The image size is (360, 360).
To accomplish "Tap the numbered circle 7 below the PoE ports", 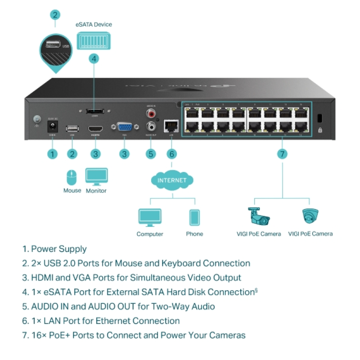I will point(282,154).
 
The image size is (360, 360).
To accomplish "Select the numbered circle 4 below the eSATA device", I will point(94,58).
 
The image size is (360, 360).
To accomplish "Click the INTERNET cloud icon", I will point(171,180).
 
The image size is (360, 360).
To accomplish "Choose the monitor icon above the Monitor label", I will point(96,176).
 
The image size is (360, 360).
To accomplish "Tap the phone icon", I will point(194,218).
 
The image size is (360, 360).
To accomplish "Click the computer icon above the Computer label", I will point(150,218).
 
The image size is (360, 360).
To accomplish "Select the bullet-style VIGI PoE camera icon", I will point(258,216).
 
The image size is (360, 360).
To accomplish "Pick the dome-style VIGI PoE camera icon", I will point(310,216).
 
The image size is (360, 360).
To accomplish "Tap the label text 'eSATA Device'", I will point(94,24).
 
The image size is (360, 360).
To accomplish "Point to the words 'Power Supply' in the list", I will point(59,249).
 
